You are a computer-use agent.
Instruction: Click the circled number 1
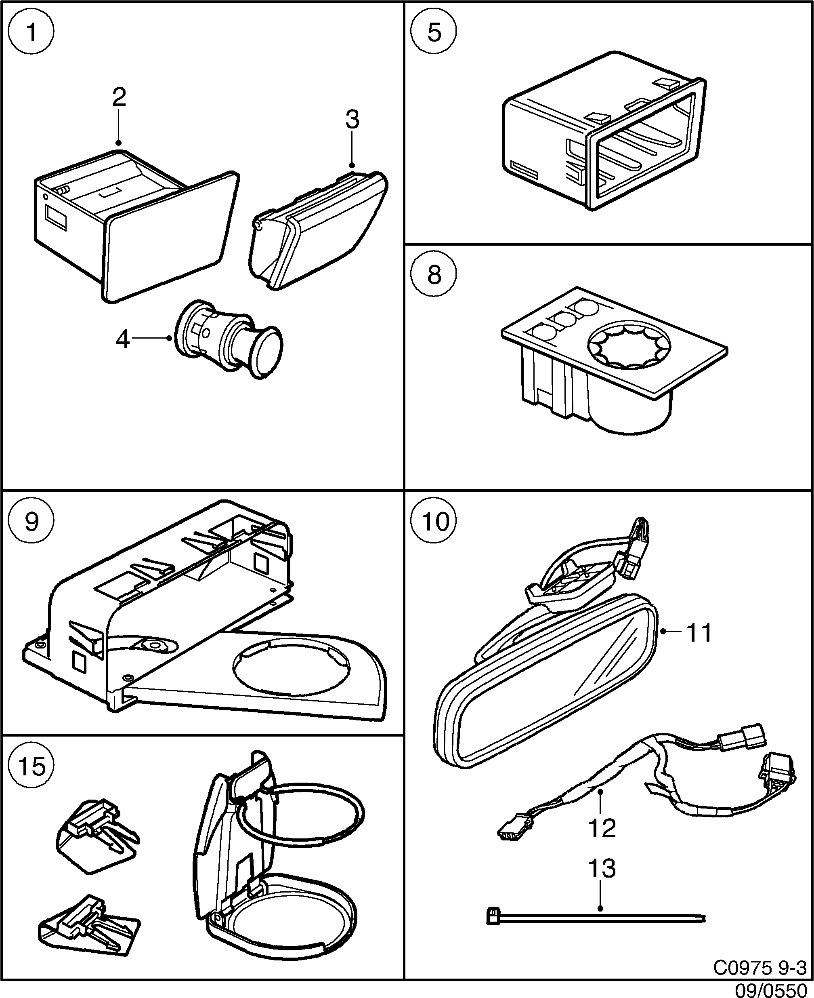(x=32, y=33)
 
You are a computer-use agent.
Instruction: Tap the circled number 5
(x=434, y=33)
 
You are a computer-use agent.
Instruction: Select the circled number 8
(x=434, y=274)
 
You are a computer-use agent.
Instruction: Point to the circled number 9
(x=32, y=521)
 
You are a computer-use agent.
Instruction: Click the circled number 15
(x=32, y=766)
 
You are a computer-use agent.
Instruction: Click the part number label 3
(x=352, y=120)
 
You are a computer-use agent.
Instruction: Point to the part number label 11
(x=699, y=633)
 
